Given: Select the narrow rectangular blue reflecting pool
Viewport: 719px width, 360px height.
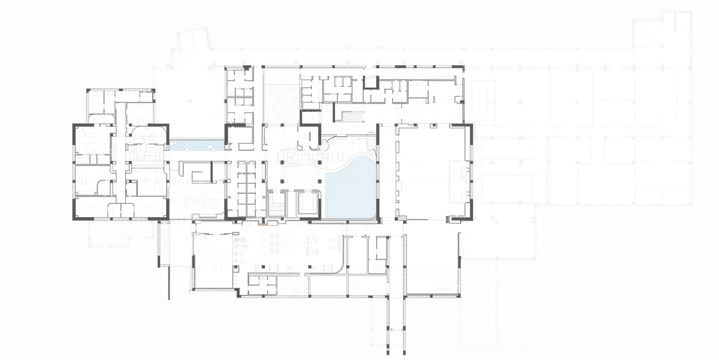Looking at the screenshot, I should [196, 145].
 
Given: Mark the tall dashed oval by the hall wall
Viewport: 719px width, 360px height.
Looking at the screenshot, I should [371, 141].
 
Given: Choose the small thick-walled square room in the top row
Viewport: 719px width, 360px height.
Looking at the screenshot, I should [371, 82].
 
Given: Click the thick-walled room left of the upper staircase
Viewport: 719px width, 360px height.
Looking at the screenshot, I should [311, 117].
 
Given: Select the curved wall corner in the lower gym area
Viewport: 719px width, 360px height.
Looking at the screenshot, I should [343, 267].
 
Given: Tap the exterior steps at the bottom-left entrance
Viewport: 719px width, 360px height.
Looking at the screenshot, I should [180, 283].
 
